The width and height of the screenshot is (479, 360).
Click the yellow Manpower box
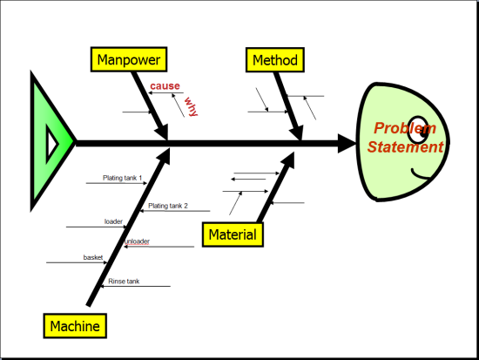tap(129, 59)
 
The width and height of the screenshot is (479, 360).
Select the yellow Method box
tap(275, 60)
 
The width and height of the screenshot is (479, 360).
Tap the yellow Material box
tap(233, 234)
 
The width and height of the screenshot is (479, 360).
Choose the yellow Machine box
tap(75, 326)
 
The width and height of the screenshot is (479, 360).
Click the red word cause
tap(165, 86)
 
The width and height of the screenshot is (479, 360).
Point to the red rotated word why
tap(192, 106)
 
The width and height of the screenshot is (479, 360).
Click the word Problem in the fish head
tap(405, 128)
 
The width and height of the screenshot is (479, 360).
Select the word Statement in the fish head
tap(405, 146)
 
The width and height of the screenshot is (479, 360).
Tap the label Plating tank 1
tap(122, 178)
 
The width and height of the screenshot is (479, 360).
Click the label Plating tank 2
tap(168, 206)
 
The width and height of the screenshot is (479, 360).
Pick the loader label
tap(113, 221)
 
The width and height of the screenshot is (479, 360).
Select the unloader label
tap(137, 241)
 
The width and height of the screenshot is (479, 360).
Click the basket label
tap(93, 257)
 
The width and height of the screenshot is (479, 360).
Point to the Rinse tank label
tap(124, 281)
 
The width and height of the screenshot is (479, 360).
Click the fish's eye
tap(418, 129)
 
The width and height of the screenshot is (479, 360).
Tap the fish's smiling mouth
tap(421, 174)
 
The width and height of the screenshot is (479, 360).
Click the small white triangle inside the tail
tap(52, 143)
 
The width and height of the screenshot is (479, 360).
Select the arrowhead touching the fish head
tap(347, 143)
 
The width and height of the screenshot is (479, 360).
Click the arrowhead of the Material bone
tap(287, 160)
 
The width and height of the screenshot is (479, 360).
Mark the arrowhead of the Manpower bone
tap(162, 132)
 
